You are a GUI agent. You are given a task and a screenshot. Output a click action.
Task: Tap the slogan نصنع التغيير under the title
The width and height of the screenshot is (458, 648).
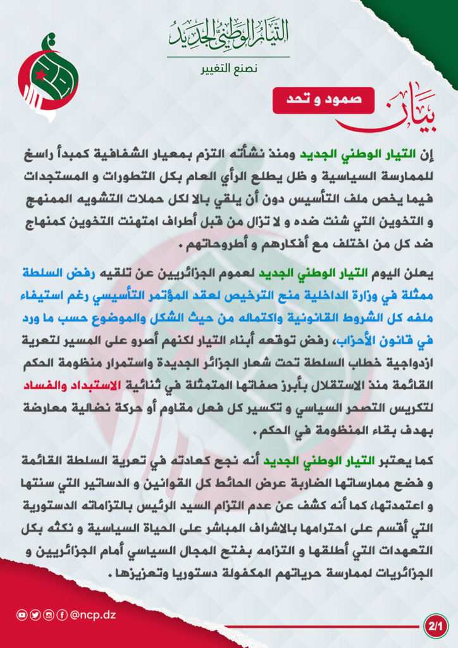[229, 68]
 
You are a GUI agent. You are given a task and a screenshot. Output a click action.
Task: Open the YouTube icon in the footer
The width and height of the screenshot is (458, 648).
[22, 614]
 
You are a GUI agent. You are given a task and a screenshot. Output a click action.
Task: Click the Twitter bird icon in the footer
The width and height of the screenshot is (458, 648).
[35, 614]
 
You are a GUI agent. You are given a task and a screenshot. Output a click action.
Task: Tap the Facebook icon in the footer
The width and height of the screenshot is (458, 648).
[62, 614]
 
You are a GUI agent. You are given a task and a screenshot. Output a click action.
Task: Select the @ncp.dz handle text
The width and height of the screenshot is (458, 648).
[93, 614]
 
